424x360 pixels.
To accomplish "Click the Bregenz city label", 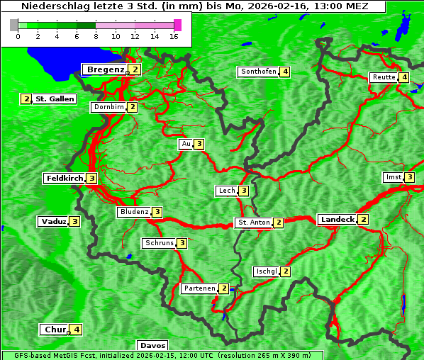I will pyautogui.click(x=105, y=69).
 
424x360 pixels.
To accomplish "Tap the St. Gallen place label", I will pyautogui.click(x=55, y=99).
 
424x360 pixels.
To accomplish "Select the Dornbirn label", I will pyautogui.click(x=108, y=107).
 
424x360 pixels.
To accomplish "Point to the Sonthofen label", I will pyautogui.click(x=259, y=72).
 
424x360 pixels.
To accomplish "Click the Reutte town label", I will pyautogui.click(x=384, y=77).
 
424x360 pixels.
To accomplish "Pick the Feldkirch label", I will pyautogui.click(x=65, y=179).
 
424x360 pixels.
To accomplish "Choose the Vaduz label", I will pyautogui.click(x=54, y=221).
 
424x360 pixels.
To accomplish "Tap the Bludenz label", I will pyautogui.click(x=134, y=212).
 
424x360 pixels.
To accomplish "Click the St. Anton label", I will pyautogui.click(x=254, y=223).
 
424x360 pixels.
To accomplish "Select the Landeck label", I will pyautogui.click(x=337, y=220).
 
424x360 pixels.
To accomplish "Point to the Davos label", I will pyautogui.click(x=152, y=346).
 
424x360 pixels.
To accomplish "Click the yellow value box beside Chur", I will pyautogui.click(x=77, y=330).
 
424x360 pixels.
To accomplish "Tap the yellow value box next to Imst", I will pyautogui.click(x=410, y=177).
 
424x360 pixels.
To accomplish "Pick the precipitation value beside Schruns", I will pyautogui.click(x=182, y=243).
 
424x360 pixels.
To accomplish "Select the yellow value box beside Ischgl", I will pyautogui.click(x=286, y=271).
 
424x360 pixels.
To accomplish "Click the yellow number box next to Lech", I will pyautogui.click(x=244, y=191).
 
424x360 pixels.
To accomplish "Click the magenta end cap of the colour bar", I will pyautogui.click(x=177, y=25).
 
